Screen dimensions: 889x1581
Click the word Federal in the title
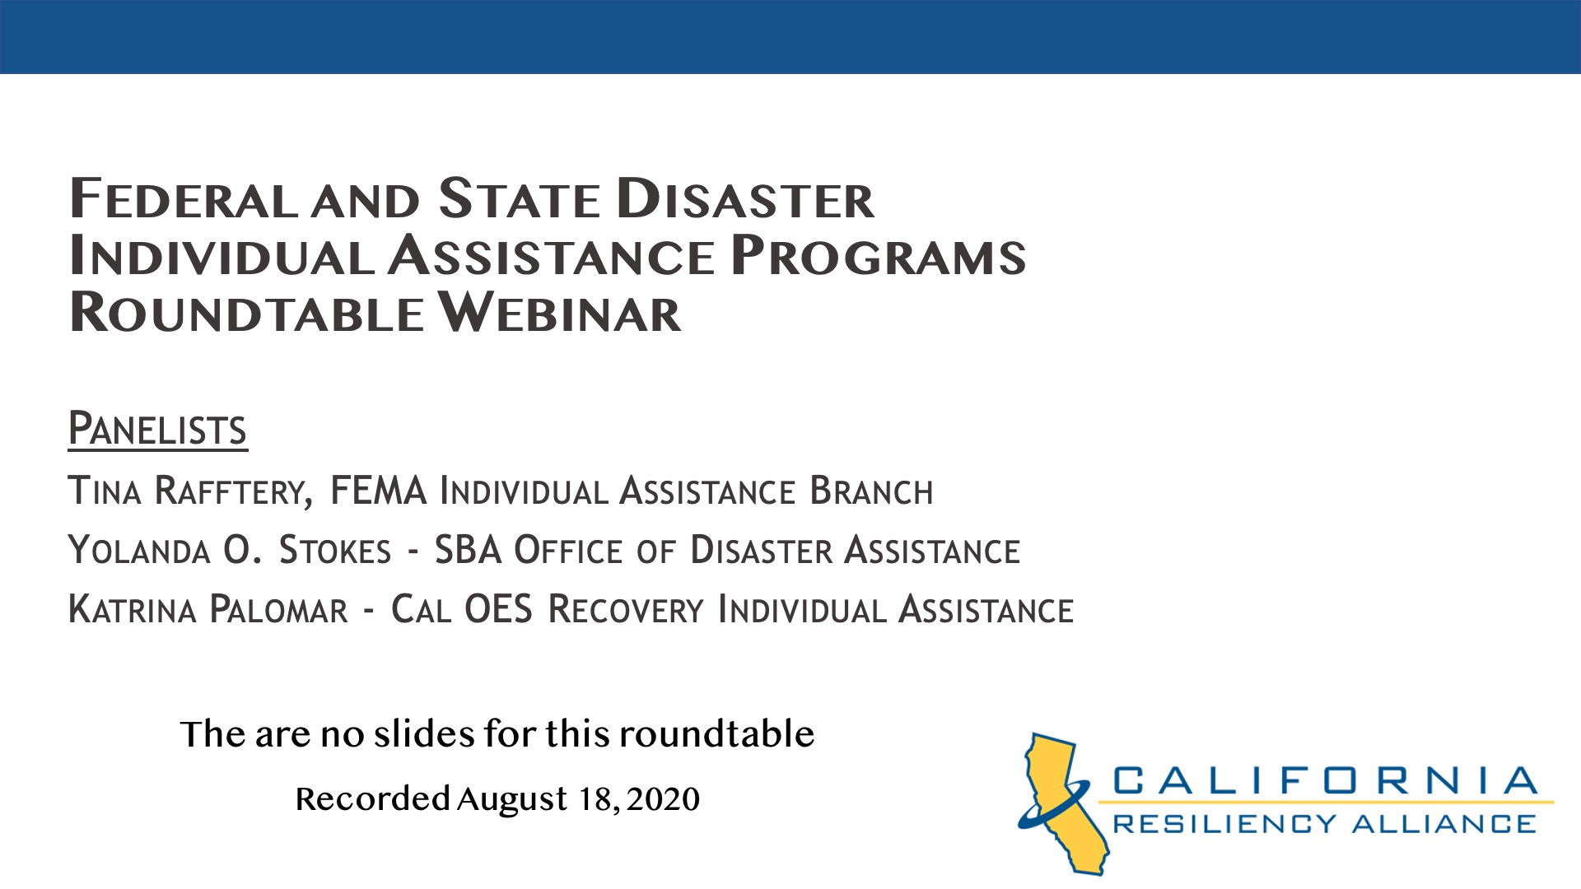[x=183, y=200]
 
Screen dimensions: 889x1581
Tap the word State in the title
[x=520, y=200]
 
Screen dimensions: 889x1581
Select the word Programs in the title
[x=878, y=256]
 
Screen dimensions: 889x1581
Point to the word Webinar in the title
[x=559, y=314]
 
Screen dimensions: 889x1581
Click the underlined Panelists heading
[x=157, y=429]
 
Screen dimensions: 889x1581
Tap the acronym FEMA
[x=378, y=491]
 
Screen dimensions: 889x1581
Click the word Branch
[x=871, y=491]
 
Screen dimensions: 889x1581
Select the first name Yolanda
[x=138, y=551]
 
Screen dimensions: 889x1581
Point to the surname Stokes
[x=335, y=551]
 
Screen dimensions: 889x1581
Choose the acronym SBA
[x=468, y=551]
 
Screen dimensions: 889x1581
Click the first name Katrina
[x=132, y=610]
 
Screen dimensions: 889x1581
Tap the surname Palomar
[x=279, y=610]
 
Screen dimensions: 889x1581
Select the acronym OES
[x=498, y=610]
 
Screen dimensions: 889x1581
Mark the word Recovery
[x=626, y=610]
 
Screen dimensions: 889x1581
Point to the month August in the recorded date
[x=512, y=799]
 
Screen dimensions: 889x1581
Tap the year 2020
[x=663, y=799]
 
